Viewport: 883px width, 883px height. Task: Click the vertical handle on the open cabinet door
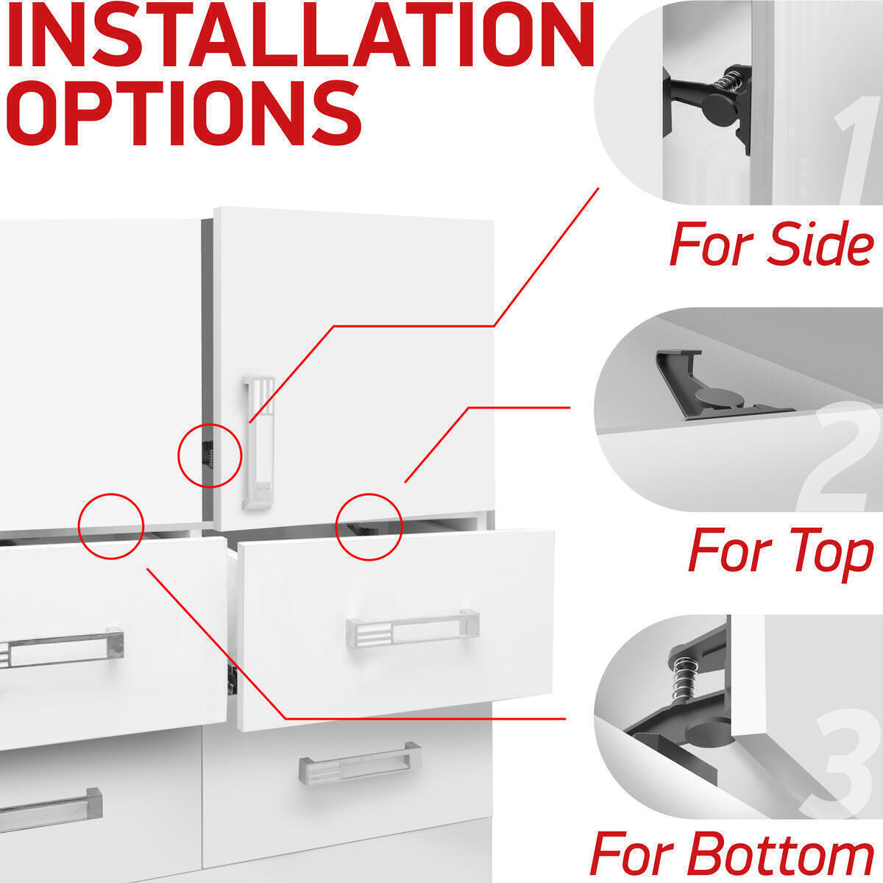tap(258, 442)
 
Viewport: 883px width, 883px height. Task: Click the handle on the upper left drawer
tap(59, 649)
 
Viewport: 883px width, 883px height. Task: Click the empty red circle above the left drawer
tap(111, 525)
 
